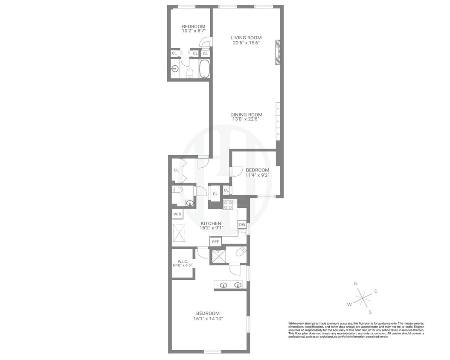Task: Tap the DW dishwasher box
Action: point(242,224)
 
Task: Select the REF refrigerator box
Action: point(216,242)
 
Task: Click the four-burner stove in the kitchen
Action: point(227,204)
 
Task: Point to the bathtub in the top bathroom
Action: point(205,69)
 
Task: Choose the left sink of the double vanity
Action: point(223,285)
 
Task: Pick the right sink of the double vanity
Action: point(238,285)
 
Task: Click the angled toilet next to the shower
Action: point(240,252)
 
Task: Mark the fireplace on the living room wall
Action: point(278,52)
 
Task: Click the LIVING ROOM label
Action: point(246,38)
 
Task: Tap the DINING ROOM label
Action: point(246,114)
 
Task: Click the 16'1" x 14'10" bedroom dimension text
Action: point(209,319)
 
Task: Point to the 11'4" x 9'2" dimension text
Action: point(257,175)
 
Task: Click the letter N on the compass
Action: point(356,284)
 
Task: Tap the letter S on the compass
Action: point(370,311)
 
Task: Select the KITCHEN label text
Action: point(211,224)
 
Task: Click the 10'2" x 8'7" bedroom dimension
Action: point(194,31)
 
